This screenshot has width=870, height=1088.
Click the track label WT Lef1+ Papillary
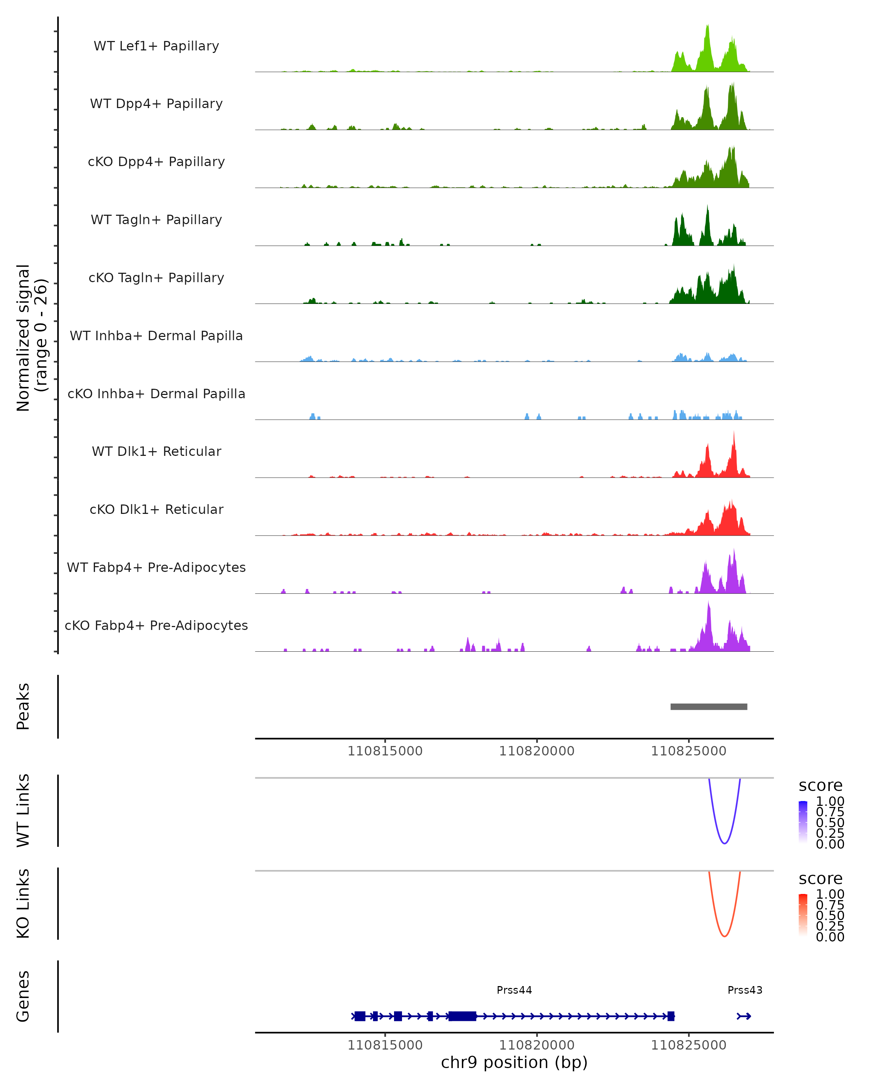pyautogui.click(x=156, y=46)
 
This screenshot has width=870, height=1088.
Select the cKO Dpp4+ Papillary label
pyautogui.click(x=156, y=162)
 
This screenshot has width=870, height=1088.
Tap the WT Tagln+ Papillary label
pyautogui.click(x=156, y=220)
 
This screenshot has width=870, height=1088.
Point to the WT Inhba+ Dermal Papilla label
pyautogui.click(x=156, y=336)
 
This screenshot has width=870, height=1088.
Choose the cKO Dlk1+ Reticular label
pyautogui.click(x=156, y=510)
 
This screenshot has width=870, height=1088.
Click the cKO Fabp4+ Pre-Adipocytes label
pyautogui.click(x=156, y=626)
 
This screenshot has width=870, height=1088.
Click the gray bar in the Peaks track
pyautogui.click(x=709, y=707)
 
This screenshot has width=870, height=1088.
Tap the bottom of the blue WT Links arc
pyautogui.click(x=724, y=843)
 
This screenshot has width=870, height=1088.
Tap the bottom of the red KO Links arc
pyautogui.click(x=724, y=936)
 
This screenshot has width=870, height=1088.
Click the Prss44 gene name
pyautogui.click(x=514, y=990)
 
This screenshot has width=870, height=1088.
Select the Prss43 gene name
pyautogui.click(x=745, y=990)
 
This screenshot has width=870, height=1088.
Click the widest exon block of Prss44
pyautogui.click(x=462, y=1016)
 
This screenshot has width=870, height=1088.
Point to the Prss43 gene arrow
pyautogui.click(x=744, y=1016)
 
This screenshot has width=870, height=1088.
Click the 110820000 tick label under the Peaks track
pyautogui.click(x=536, y=751)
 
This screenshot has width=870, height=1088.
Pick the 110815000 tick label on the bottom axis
pyautogui.click(x=385, y=1046)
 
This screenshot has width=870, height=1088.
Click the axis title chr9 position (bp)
pyautogui.click(x=514, y=1063)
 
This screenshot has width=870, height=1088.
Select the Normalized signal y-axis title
pyautogui.click(x=24, y=338)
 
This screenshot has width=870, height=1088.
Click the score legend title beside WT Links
pyautogui.click(x=821, y=786)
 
